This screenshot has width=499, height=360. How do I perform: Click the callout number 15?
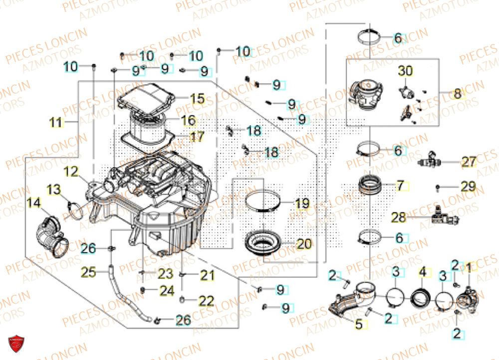pyautogui.click(x=197, y=98)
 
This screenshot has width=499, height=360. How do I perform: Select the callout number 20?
pyautogui.click(x=303, y=244)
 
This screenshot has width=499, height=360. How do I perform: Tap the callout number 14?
pyautogui.click(x=33, y=203)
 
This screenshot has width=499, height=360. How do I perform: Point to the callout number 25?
pyautogui.click(x=89, y=273)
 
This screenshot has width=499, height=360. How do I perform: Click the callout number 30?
pyautogui.click(x=405, y=71)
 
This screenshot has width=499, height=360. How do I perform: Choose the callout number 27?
pyautogui.click(x=469, y=162)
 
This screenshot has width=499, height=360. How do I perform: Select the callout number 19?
pyautogui.click(x=302, y=204)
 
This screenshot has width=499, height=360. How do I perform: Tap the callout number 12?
pyautogui.click(x=71, y=172)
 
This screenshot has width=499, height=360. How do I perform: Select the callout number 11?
pyautogui.click(x=57, y=122)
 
